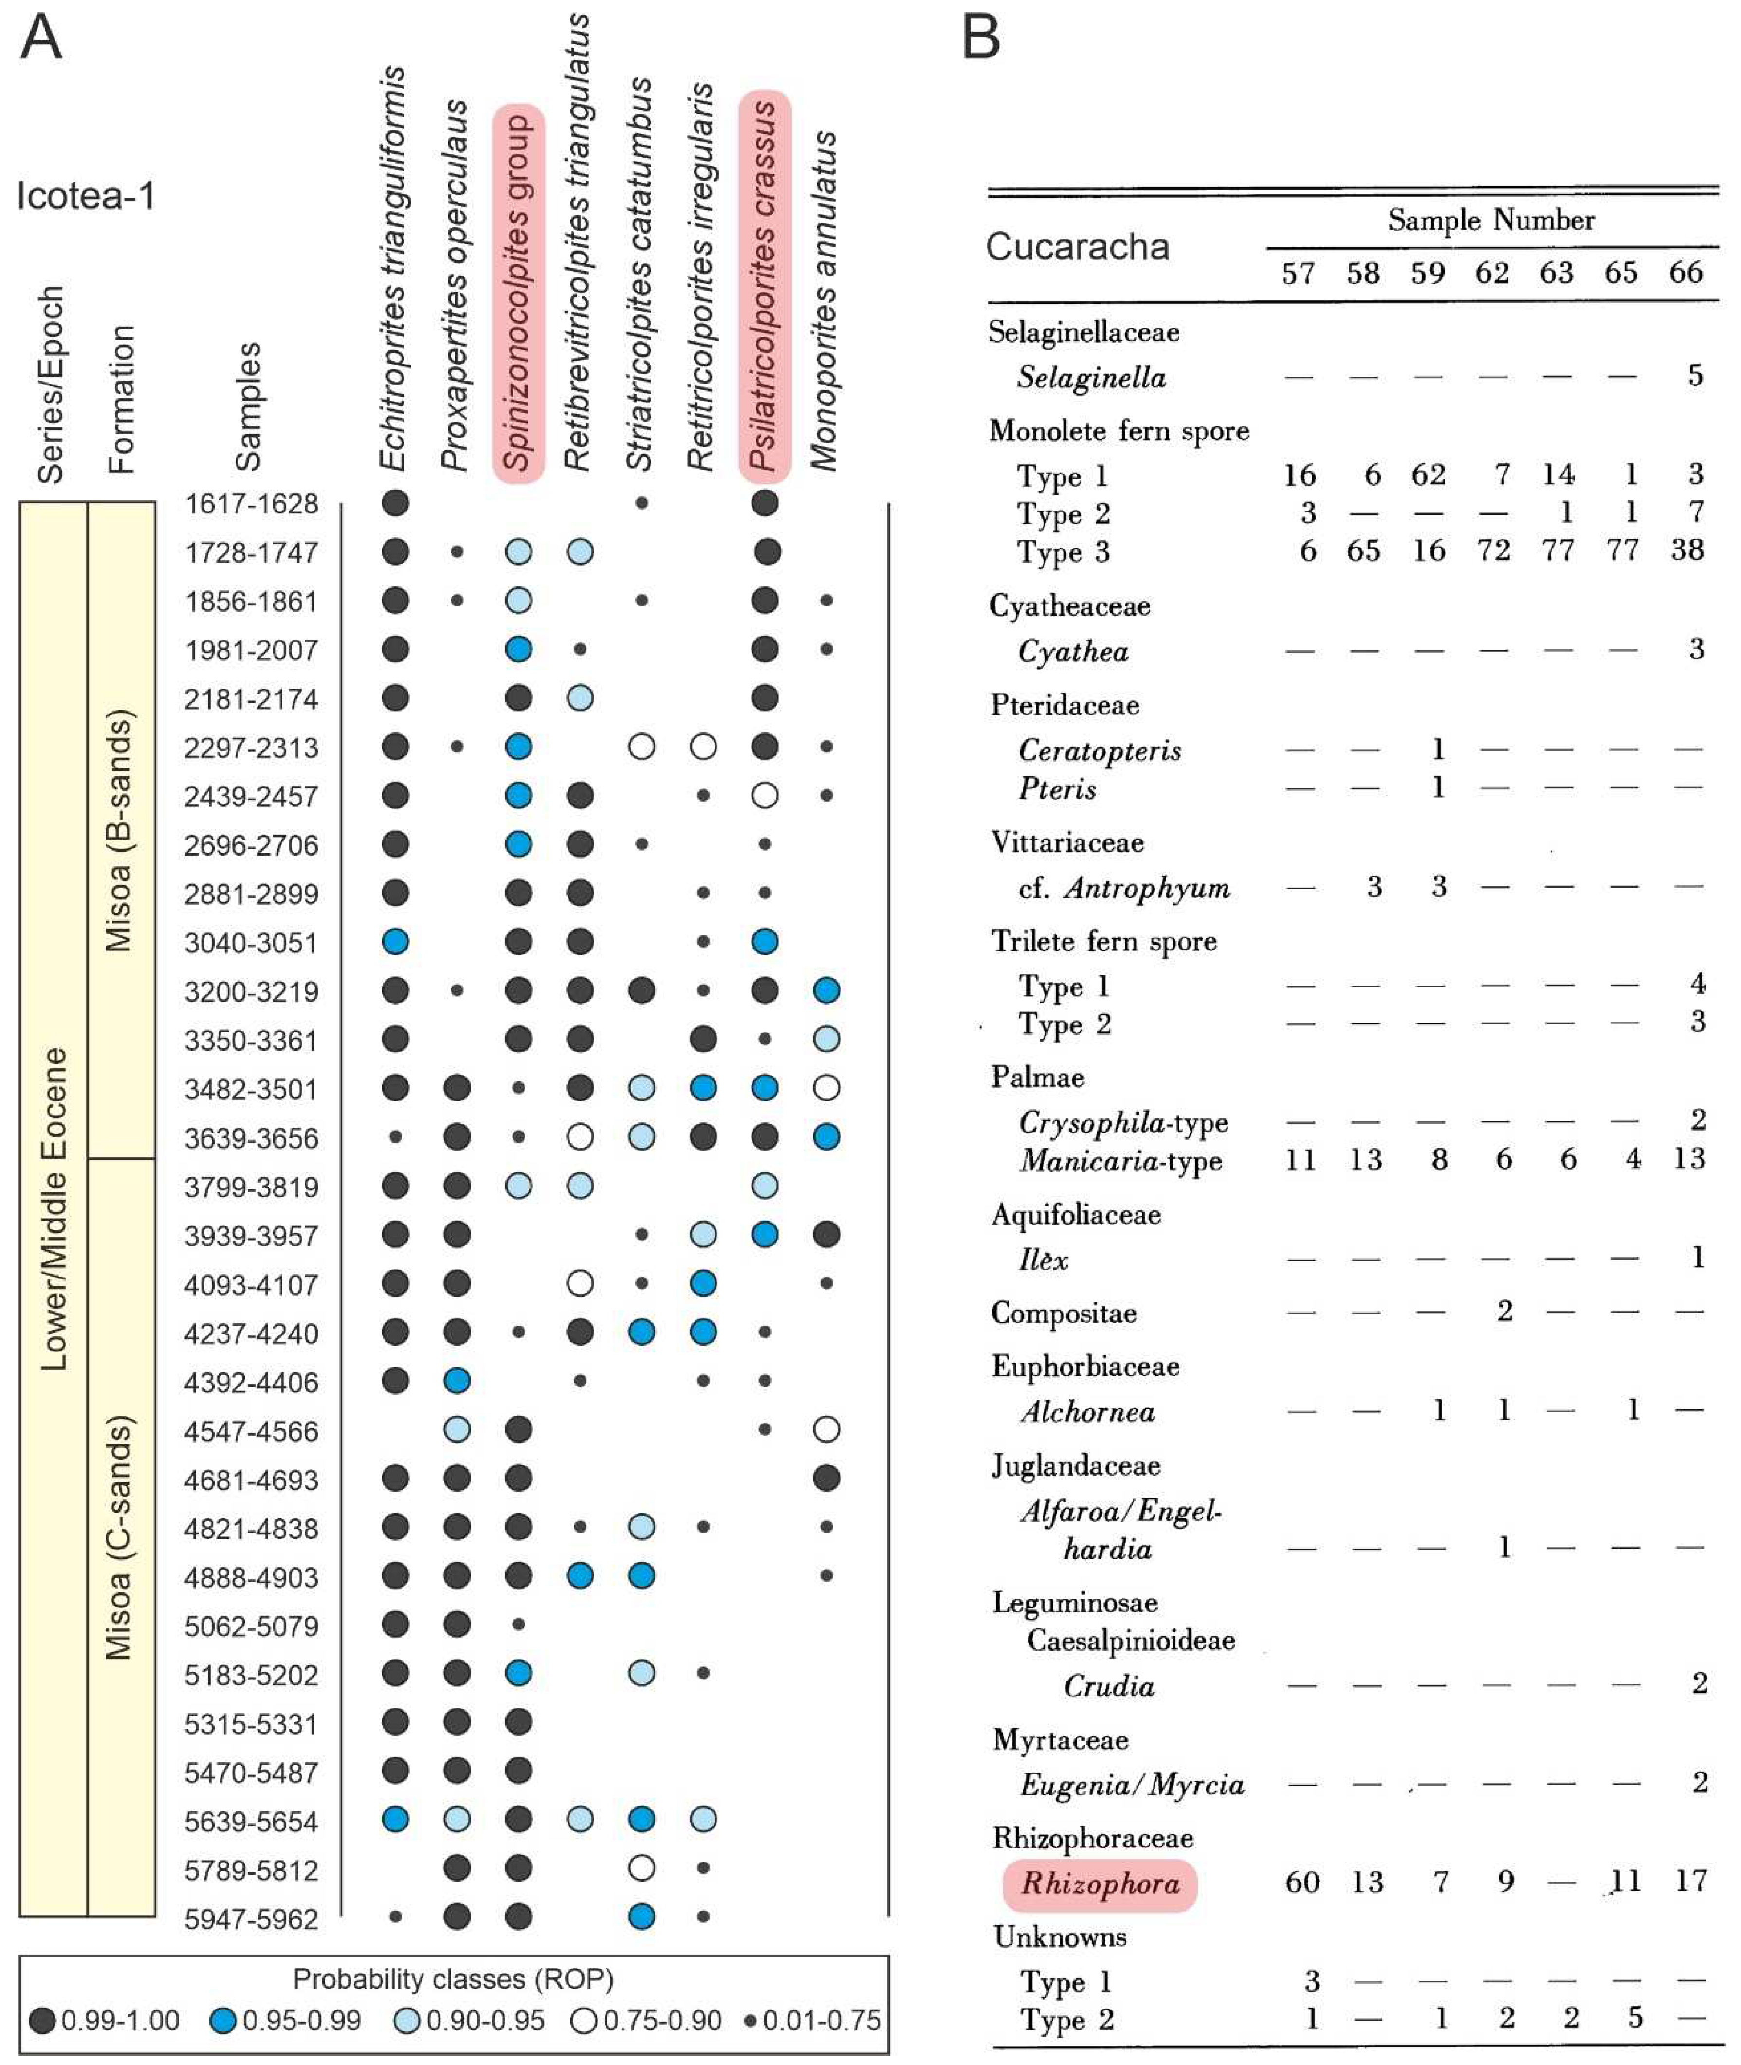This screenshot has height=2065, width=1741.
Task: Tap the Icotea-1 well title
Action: [x=86, y=196]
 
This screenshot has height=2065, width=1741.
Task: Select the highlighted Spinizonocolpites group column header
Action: [x=518, y=293]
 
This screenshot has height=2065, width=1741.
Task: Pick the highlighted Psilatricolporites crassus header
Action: [x=765, y=286]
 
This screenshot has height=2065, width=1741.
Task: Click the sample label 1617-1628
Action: [x=252, y=504]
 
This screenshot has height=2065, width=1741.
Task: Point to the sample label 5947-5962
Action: [x=252, y=1919]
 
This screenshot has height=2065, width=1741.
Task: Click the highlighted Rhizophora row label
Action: [x=1100, y=1883]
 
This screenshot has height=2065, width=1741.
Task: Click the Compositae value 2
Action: [x=1504, y=1311]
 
